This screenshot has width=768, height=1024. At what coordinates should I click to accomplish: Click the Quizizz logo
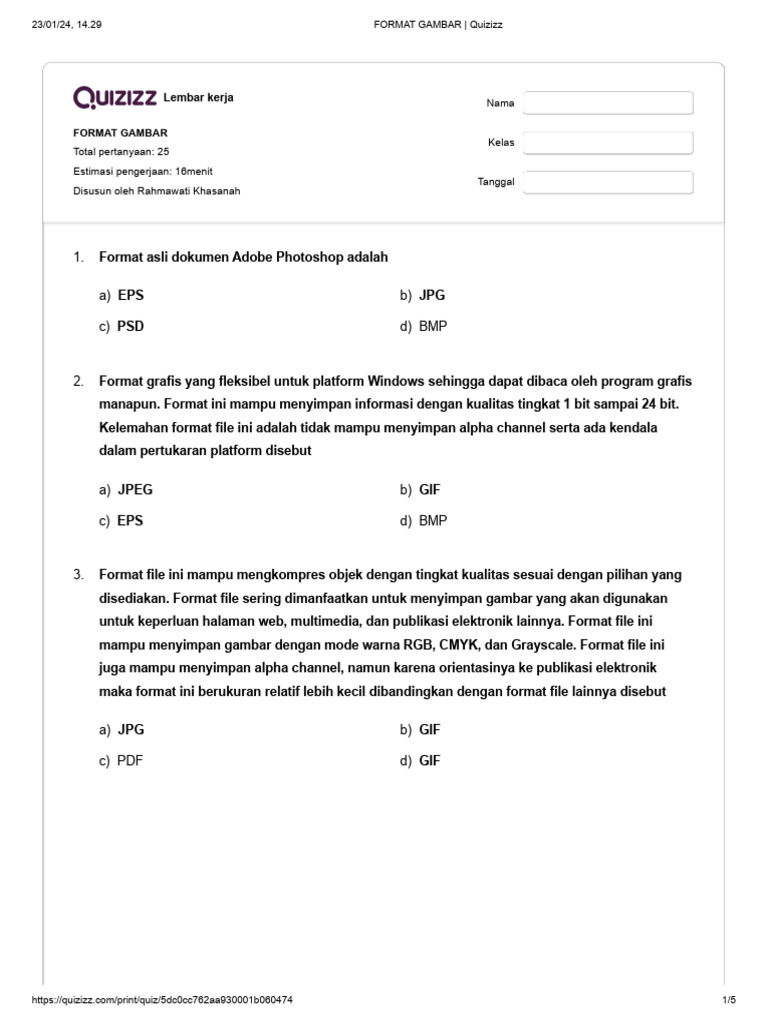pos(115,97)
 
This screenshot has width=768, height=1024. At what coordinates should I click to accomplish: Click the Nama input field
pos(608,103)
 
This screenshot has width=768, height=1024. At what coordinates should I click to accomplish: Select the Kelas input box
pos(608,143)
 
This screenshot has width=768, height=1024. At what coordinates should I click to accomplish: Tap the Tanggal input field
pos(608,182)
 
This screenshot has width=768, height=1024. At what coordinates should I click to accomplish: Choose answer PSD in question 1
pos(130,326)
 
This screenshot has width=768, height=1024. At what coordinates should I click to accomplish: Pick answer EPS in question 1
pos(130,295)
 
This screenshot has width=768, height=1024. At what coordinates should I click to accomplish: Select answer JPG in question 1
pos(432,295)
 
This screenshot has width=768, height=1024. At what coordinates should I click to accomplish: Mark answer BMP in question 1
pos(433,326)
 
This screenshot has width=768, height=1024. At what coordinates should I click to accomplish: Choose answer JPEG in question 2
pos(135,490)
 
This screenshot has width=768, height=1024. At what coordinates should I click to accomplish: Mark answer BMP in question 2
pos(433,521)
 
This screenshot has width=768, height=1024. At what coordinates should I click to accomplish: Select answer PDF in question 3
pos(130,761)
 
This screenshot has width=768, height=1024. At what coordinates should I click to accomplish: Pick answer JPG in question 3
pos(131,730)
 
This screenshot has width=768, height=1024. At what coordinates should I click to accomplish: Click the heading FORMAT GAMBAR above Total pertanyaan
pos(120,132)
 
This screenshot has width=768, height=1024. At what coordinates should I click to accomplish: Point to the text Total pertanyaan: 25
pos(121,152)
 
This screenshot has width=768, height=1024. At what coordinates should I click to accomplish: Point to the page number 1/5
pos(728,1000)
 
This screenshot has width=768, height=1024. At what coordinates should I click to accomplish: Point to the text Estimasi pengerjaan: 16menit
pos(142,171)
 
